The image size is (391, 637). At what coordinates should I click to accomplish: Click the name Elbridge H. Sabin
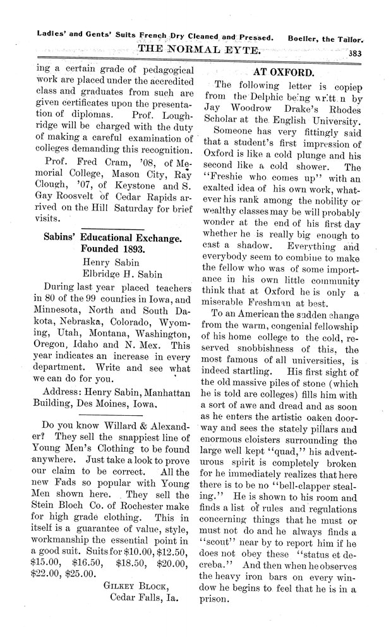coord(124,274)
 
